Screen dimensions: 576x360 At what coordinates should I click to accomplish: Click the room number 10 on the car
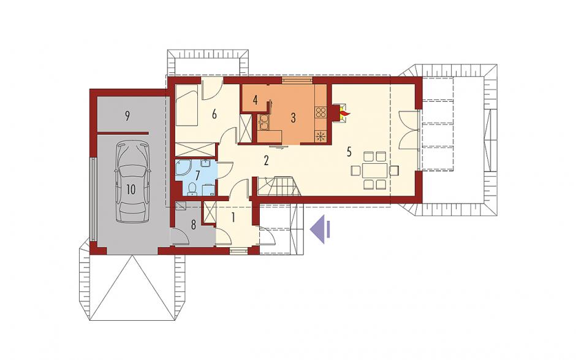pos(131,190)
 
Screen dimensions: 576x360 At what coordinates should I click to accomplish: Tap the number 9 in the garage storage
pos(127,116)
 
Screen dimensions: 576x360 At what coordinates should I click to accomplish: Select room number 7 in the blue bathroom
pos(198,175)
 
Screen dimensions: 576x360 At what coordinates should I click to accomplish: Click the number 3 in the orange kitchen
pos(293,118)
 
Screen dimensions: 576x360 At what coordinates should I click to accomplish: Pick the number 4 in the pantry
pos(256,99)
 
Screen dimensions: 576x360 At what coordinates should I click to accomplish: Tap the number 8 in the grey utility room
pos(193,225)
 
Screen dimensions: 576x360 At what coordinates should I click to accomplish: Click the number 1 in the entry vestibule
pos(233,218)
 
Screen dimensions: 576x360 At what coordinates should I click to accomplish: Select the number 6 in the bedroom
pos(214,114)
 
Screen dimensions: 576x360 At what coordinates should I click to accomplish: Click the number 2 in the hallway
pos(266,160)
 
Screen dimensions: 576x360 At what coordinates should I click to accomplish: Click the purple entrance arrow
pos(320,229)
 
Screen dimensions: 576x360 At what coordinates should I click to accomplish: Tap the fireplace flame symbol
pos(344,112)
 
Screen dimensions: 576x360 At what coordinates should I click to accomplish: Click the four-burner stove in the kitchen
pos(320,112)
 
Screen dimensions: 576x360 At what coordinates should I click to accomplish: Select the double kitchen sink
pos(263,123)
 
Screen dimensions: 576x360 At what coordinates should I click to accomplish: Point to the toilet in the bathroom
pos(192,189)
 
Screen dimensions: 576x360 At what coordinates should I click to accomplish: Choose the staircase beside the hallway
pos(279,186)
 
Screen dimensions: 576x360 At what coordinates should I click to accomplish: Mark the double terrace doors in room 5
pos(409,129)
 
